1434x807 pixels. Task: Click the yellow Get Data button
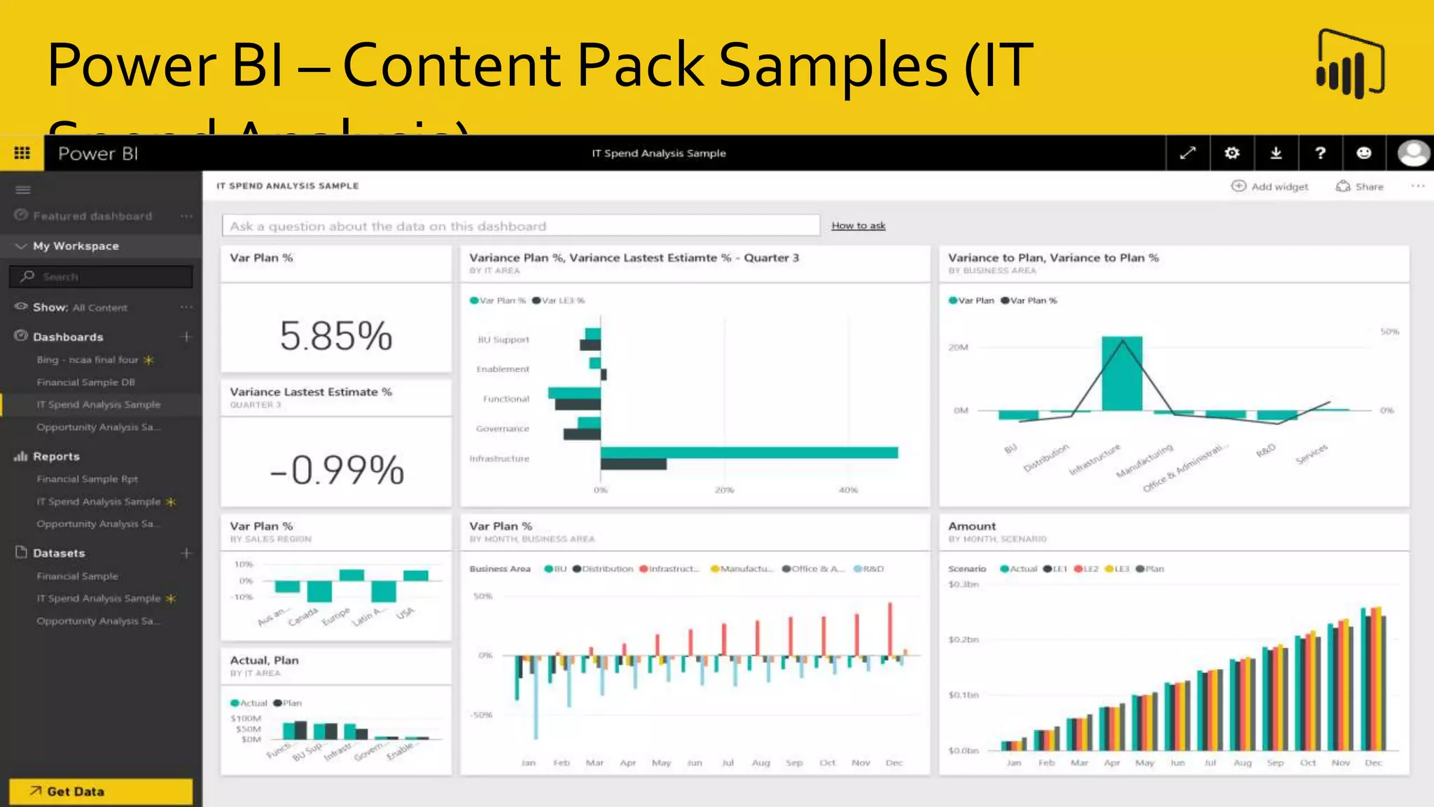tap(101, 792)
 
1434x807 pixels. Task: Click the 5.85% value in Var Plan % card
tap(336, 336)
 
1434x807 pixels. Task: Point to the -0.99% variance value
tap(337, 469)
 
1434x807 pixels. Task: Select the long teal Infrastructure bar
tap(749, 453)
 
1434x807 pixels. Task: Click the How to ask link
tap(858, 226)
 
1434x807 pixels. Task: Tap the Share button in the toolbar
tap(1360, 186)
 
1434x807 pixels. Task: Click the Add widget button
tap(1269, 186)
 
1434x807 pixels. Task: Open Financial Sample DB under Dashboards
tap(85, 382)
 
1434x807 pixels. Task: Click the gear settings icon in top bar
tap(1232, 153)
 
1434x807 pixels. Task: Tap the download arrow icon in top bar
tap(1276, 153)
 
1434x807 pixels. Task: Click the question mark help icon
tap(1320, 153)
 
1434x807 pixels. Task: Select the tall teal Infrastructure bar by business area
tap(1122, 373)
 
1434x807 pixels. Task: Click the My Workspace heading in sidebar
tap(76, 246)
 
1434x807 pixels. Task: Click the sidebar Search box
tap(101, 277)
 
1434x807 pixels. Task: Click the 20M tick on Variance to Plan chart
tap(958, 347)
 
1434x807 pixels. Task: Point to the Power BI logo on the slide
tap(1351, 64)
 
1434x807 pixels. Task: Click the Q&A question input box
tap(520, 226)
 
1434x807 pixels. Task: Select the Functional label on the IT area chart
tap(506, 399)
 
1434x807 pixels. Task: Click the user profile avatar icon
tap(1412, 153)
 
